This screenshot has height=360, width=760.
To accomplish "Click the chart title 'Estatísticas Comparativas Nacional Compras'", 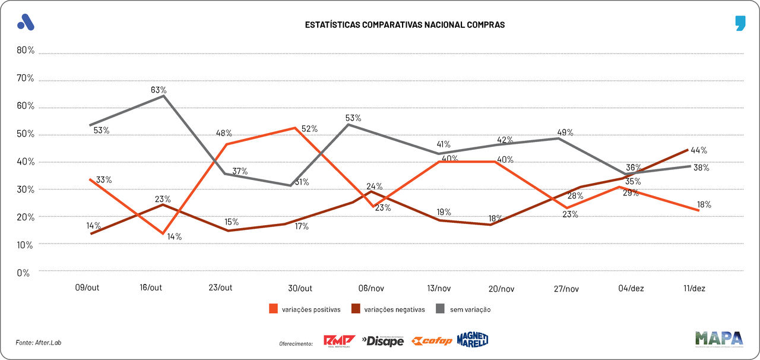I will point(404,25).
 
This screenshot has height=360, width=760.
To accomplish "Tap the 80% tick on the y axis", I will point(26,50).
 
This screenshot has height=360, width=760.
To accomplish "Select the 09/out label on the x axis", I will point(87,288).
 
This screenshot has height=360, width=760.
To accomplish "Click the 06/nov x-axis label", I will point(372,288).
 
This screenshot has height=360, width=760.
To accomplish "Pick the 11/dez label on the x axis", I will point(693,288).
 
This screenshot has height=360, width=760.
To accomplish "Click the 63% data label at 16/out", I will point(159,90).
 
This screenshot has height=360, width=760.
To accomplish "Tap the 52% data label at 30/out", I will point(309,128).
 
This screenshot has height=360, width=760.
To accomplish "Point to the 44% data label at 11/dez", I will point(698,150).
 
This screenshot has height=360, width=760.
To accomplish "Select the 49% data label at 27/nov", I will point(565,132).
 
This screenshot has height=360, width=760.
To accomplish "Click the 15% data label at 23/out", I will point(232,222).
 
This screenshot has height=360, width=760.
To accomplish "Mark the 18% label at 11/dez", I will point(704,204).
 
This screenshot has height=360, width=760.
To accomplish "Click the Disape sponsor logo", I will point(383,341).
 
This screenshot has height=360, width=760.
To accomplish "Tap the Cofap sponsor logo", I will point(432,341).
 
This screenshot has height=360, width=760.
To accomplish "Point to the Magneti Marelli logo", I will point(473,340).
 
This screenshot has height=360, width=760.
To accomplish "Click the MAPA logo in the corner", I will point(719,339).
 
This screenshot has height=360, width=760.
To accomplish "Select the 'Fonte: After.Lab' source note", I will point(39,342).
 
